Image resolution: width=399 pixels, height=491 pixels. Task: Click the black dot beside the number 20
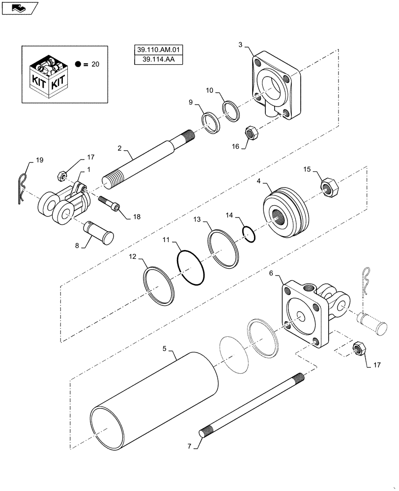(x=79, y=64)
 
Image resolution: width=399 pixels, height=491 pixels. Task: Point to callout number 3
(x=240, y=45)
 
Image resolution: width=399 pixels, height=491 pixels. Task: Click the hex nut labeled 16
(x=250, y=132)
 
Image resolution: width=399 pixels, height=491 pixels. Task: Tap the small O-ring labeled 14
(x=249, y=234)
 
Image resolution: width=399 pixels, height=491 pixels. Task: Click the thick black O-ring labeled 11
(x=191, y=267)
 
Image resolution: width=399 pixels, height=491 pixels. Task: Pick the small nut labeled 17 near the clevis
(x=61, y=175)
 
